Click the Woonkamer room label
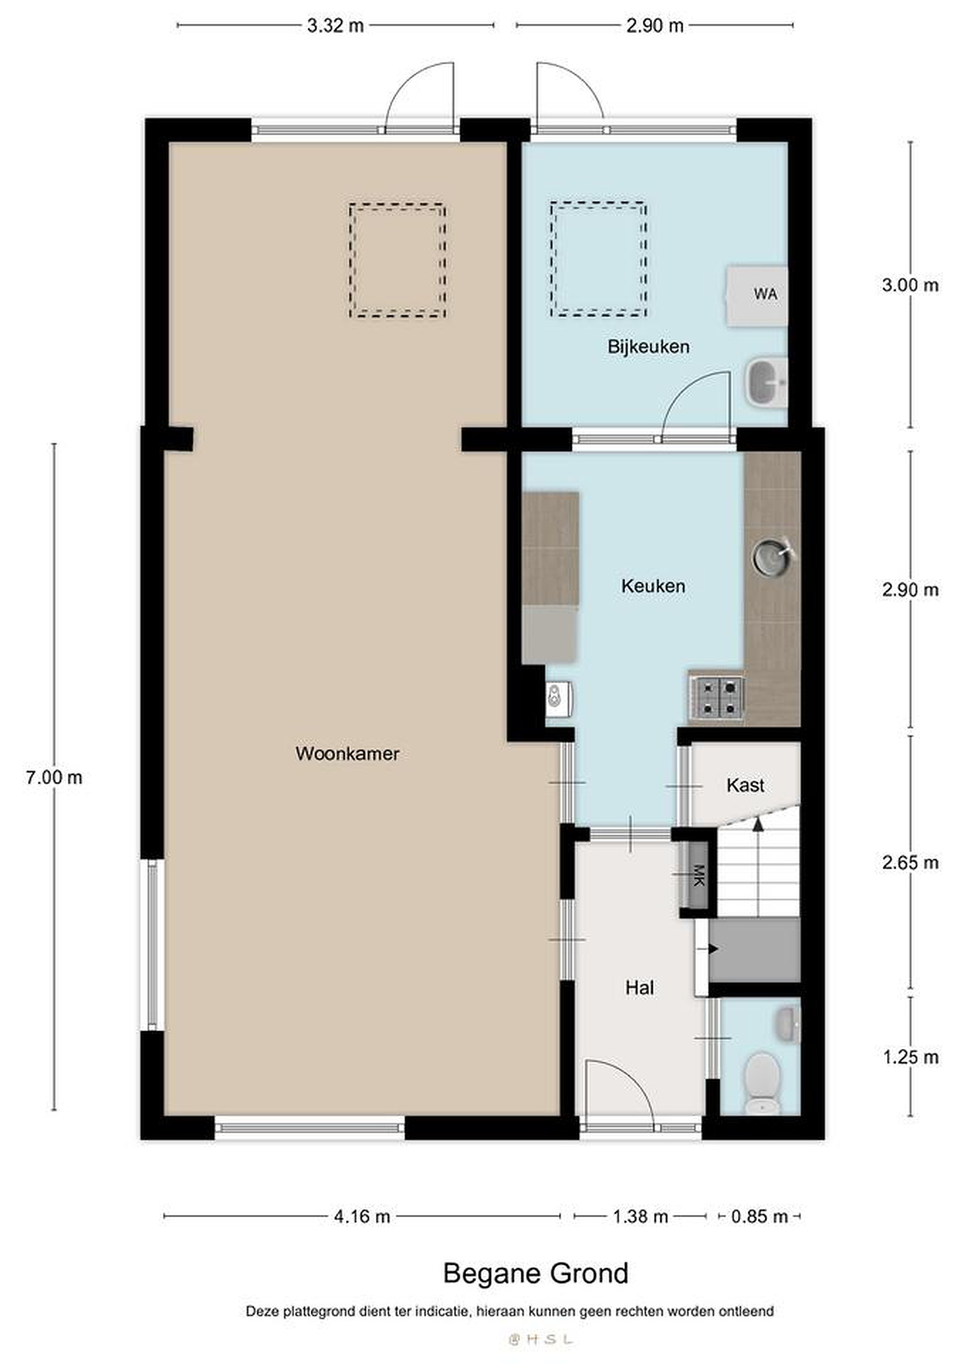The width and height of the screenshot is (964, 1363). point(347,754)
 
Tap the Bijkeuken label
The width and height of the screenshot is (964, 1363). point(648,347)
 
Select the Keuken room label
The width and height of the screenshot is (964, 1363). point(653,586)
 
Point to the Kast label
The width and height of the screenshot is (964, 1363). point(745,786)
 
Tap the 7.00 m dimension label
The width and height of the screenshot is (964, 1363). point(54,777)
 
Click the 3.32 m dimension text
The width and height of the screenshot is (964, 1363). point(336,26)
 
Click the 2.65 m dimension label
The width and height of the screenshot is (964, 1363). point(910,862)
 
